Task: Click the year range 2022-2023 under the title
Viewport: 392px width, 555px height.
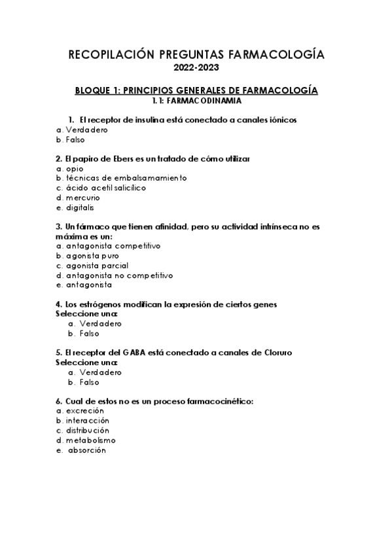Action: pyautogui.click(x=196, y=67)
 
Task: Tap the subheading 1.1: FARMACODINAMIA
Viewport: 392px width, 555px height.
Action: pyautogui.click(x=196, y=101)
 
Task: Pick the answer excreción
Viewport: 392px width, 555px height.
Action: pyautogui.click(x=85, y=411)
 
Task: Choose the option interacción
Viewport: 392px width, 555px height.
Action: pyautogui.click(x=88, y=421)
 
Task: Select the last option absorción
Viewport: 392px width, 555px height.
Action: pyautogui.click(x=86, y=450)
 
